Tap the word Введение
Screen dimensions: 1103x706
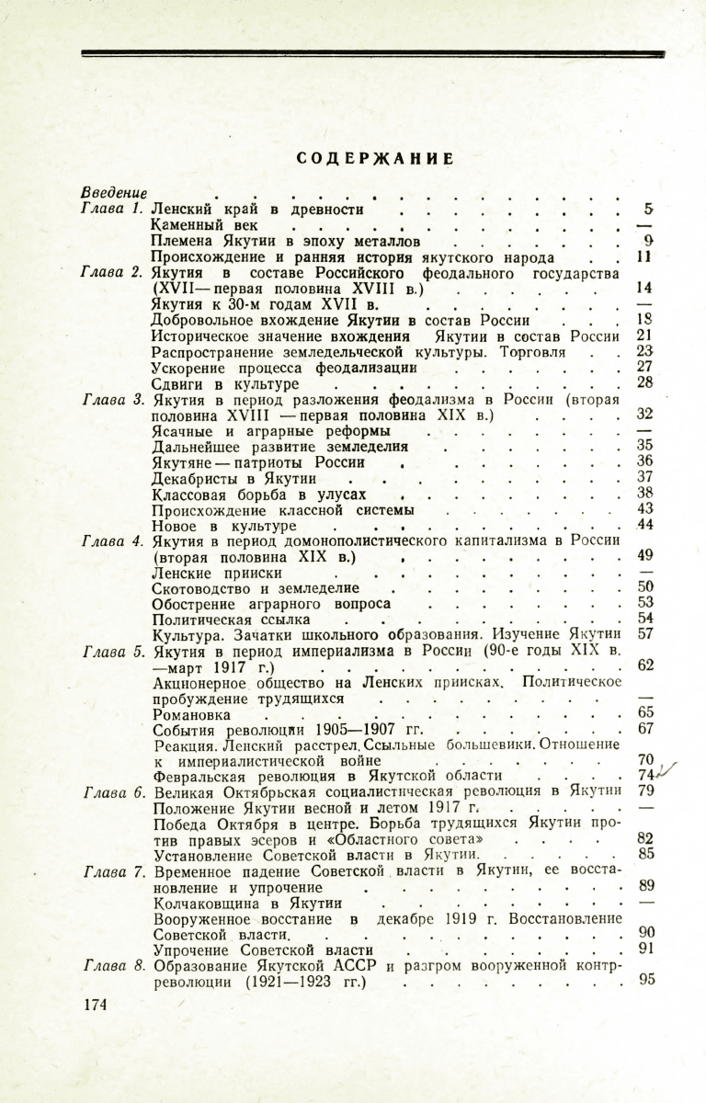coord(114,193)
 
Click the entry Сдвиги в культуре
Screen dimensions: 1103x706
coord(225,382)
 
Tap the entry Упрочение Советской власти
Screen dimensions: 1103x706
coord(262,949)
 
